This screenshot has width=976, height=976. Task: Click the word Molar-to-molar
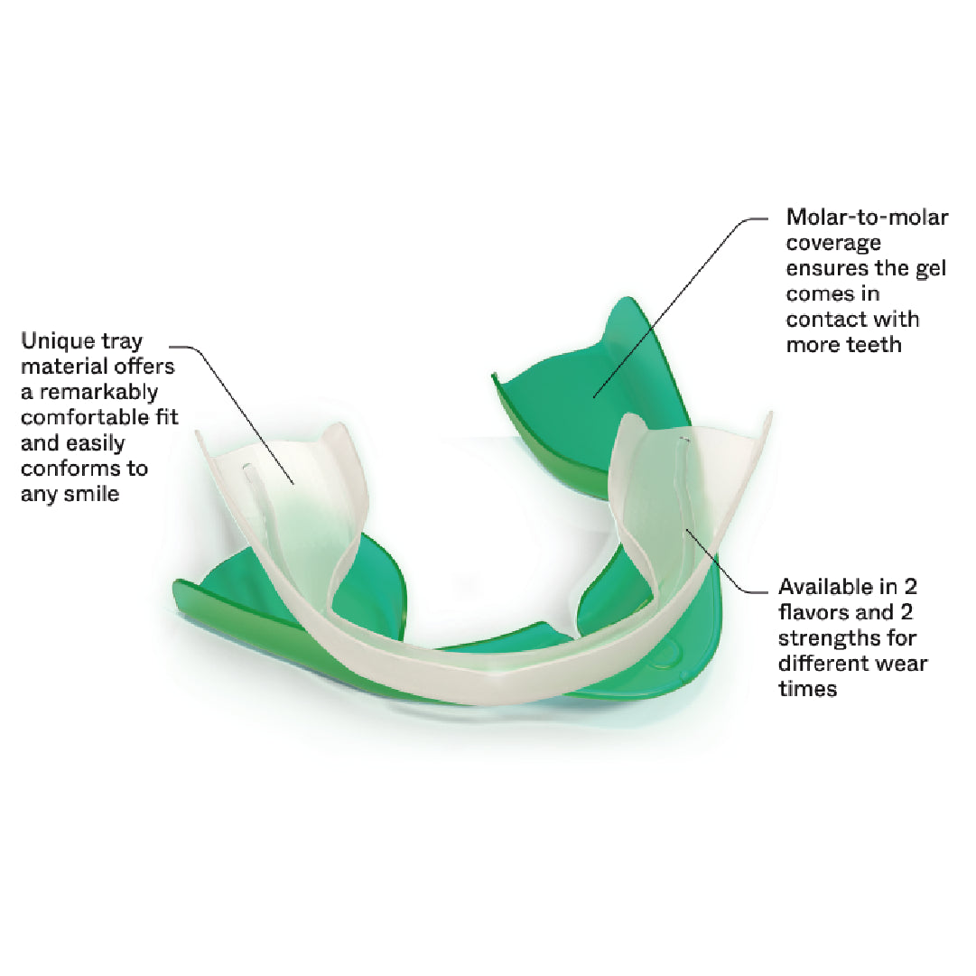(x=867, y=217)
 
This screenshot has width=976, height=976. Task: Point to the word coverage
(x=833, y=244)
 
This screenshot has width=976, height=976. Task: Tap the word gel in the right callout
(x=931, y=269)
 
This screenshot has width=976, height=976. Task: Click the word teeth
(x=873, y=344)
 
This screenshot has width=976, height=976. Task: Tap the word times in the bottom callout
(x=807, y=688)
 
